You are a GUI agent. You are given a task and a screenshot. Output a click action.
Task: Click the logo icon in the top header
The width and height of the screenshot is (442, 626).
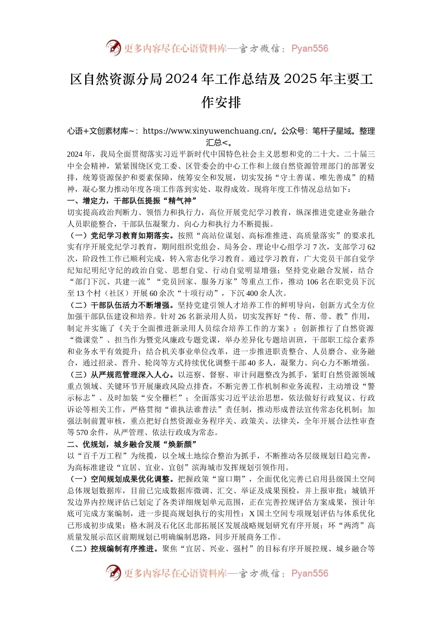point(113,48)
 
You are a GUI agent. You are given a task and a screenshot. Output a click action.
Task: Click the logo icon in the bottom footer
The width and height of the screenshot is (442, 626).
point(113,573)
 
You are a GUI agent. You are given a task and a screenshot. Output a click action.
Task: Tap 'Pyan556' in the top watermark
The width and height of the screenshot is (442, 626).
point(309,48)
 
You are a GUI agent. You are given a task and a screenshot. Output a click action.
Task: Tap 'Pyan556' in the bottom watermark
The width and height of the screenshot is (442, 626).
point(309,573)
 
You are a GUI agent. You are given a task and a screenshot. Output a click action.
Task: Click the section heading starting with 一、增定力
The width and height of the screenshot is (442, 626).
point(133,201)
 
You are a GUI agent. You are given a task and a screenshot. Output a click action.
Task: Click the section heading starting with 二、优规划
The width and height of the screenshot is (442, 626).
point(133,444)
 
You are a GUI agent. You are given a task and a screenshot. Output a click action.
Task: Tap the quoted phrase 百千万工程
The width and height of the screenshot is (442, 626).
point(101,456)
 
